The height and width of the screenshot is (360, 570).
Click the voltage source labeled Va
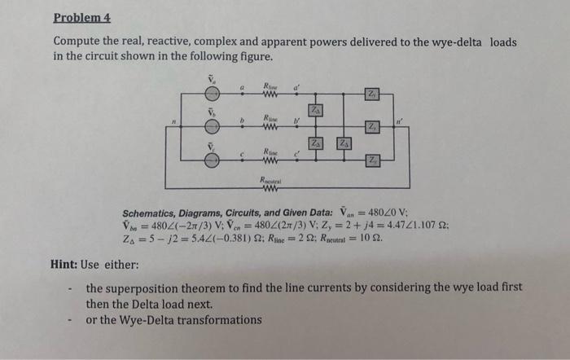click(x=212, y=94)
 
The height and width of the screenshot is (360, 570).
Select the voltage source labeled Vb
click(x=212, y=126)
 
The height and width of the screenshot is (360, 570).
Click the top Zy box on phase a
click(x=370, y=94)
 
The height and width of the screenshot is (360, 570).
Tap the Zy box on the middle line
click(x=371, y=126)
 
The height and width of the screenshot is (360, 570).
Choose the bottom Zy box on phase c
click(x=371, y=160)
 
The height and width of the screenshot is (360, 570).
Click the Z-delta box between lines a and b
click(x=314, y=110)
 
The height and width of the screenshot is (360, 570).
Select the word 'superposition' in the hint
click(x=145, y=288)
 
